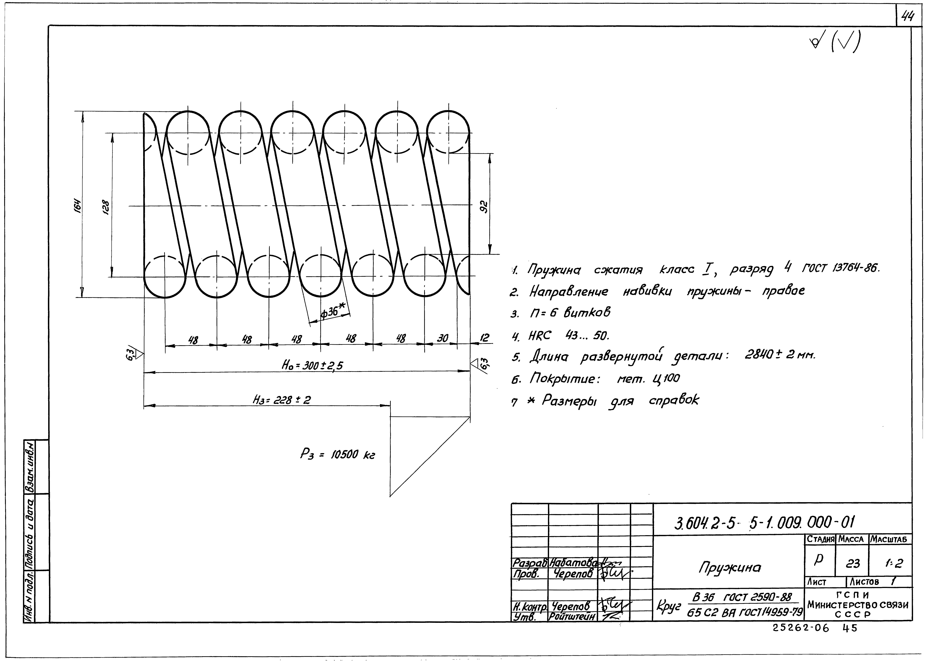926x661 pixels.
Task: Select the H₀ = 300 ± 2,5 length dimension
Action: [312, 365]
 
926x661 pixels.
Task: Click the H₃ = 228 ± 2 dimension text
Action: [281, 400]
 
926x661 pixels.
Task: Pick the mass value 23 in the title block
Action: [853, 563]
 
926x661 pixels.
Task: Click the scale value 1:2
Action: [893, 563]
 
